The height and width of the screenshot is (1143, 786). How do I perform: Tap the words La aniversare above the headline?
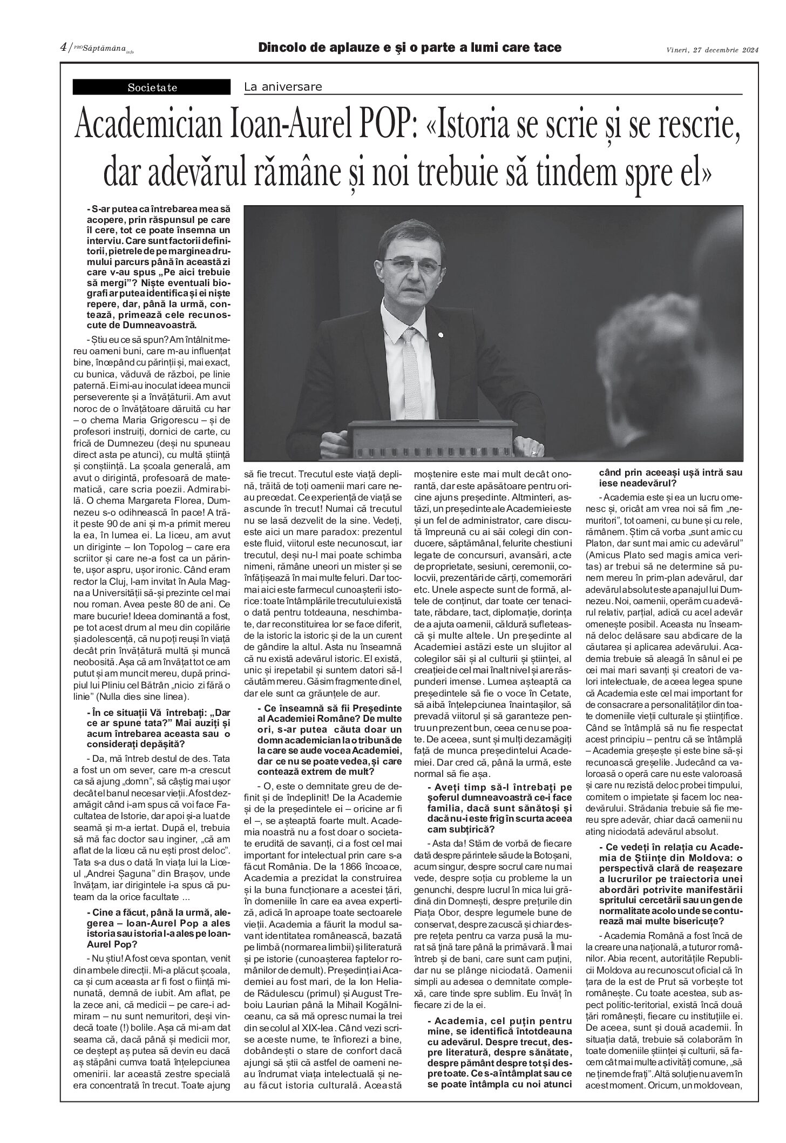(283, 86)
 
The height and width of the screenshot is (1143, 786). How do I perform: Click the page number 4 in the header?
(63, 48)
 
